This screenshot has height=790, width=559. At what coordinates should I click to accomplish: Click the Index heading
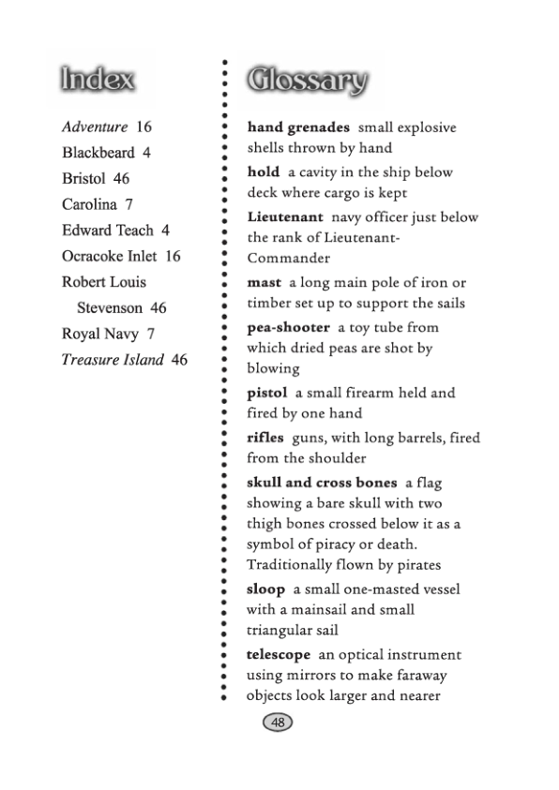[x=98, y=80]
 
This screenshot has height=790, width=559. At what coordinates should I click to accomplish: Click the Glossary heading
[x=307, y=82]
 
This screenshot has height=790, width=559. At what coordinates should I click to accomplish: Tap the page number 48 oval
[x=278, y=723]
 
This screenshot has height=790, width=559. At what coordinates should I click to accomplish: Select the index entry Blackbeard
[x=98, y=152]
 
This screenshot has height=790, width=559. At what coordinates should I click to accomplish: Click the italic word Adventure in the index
[x=95, y=127]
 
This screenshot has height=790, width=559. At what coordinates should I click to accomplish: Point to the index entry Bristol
[x=84, y=178]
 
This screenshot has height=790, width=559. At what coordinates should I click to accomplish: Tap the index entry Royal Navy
[x=100, y=334]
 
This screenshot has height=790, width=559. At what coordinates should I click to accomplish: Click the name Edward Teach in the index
[x=107, y=230]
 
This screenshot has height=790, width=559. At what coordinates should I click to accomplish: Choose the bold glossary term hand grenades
[x=298, y=127]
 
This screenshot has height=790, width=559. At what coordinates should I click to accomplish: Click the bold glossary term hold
[x=264, y=172]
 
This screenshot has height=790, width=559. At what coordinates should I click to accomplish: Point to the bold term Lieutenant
[x=285, y=217]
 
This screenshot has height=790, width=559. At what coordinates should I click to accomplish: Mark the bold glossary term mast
[x=264, y=282]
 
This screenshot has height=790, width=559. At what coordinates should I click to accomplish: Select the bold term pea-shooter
[x=289, y=327]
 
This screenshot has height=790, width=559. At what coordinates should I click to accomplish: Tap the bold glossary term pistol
[x=266, y=393]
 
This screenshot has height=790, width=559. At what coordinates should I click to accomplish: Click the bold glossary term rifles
[x=265, y=438]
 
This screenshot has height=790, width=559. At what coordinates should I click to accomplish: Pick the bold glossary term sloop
[x=265, y=589]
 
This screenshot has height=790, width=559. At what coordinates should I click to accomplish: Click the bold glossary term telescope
[x=279, y=655]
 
